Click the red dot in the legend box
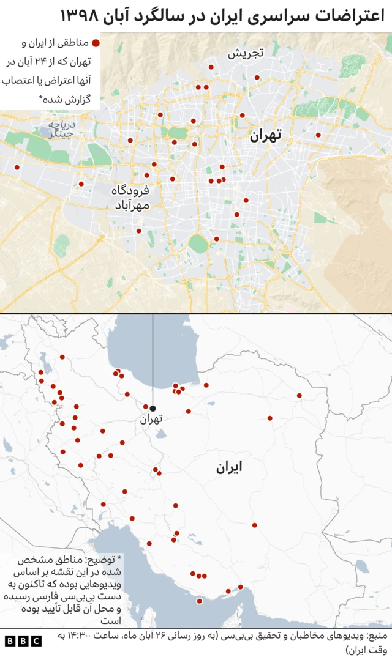(x=96, y=43)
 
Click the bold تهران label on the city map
(x=265, y=136)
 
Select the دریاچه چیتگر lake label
(x=61, y=130)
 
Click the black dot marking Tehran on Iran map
(x=153, y=408)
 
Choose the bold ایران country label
(x=228, y=467)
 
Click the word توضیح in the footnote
(x=92, y=560)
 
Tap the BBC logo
(x=23, y=641)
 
